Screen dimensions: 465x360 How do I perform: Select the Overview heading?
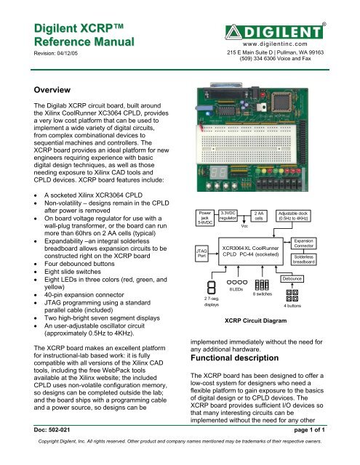coord(37,90)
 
